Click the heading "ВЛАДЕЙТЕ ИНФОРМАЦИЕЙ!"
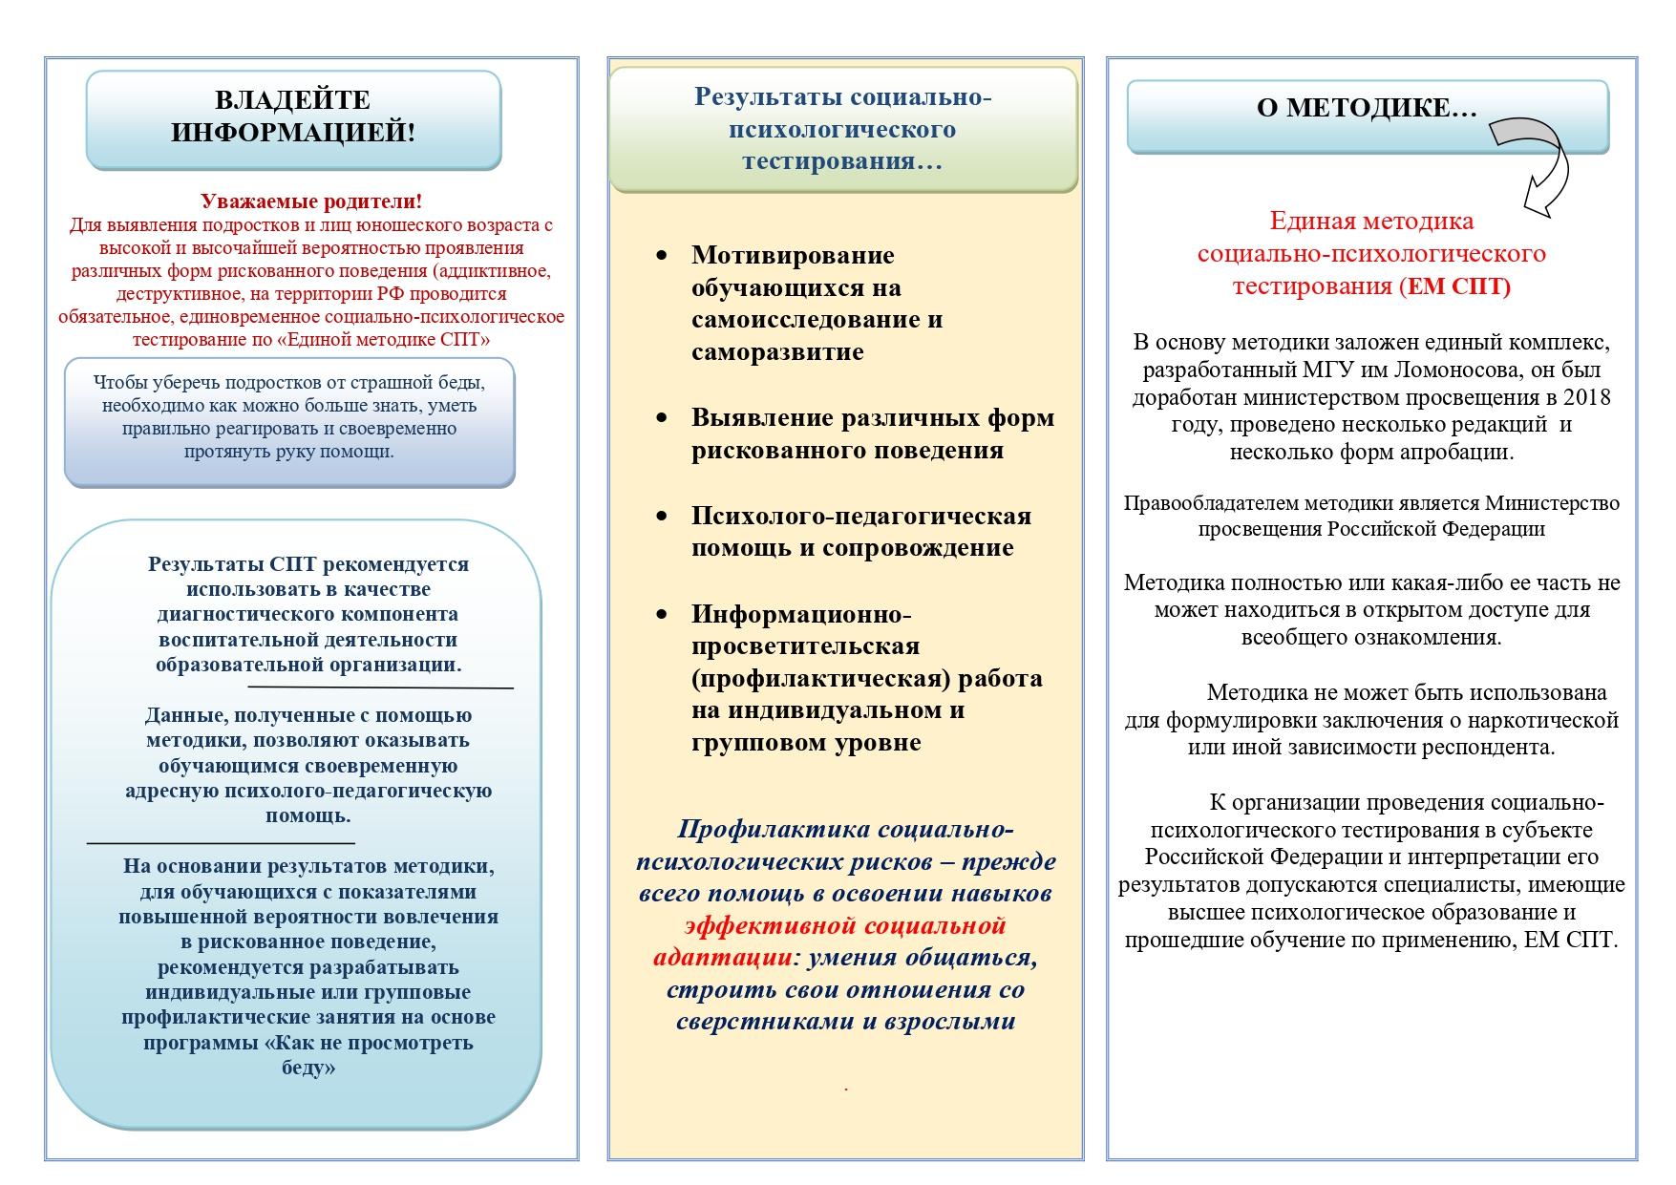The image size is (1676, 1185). coord(293,116)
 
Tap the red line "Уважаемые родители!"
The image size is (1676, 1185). coord(311,201)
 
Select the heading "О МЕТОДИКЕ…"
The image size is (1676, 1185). coord(1366,108)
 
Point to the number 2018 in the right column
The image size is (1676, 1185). coord(1587,397)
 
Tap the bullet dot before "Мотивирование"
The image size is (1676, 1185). coord(662,256)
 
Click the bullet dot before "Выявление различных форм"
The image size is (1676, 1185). coord(662,418)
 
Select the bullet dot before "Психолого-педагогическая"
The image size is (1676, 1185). coord(662,517)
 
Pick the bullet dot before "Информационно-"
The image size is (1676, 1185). coord(662,614)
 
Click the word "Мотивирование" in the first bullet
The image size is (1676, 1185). coord(793,256)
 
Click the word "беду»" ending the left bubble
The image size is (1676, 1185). coord(308,1069)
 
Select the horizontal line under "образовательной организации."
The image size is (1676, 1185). coord(380,687)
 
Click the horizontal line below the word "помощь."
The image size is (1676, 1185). coord(221,843)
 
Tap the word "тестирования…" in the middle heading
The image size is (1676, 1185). coord(842,160)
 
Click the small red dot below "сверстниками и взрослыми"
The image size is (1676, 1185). coord(846,1089)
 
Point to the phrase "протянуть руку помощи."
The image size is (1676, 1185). coord(289,452)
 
